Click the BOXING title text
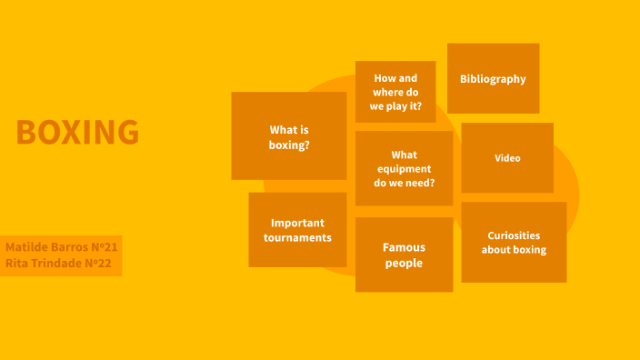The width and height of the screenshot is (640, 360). pyautogui.click(x=77, y=133)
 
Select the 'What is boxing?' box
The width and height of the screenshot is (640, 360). pyautogui.click(x=289, y=135)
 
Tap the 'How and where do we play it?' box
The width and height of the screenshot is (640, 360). pyautogui.click(x=395, y=92)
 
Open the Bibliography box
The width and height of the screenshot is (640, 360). pyautogui.click(x=493, y=78)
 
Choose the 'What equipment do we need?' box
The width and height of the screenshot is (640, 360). pyautogui.click(x=404, y=168)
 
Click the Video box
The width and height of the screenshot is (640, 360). pyautogui.click(x=507, y=158)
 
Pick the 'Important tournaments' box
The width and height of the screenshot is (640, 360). pyautogui.click(x=297, y=230)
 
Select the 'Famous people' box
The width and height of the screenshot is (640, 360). pyautogui.click(x=404, y=255)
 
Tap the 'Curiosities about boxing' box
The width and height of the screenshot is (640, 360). pyautogui.click(x=514, y=242)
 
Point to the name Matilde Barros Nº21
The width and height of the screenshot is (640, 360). pyautogui.click(x=62, y=247)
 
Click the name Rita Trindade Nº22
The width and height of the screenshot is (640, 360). pyautogui.click(x=62, y=264)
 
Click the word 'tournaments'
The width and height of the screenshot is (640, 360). pyautogui.click(x=297, y=238)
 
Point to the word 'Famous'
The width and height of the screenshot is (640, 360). pyautogui.click(x=404, y=247)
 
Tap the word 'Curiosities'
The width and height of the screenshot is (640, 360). pyautogui.click(x=514, y=235)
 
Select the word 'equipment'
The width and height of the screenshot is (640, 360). pyautogui.click(x=404, y=168)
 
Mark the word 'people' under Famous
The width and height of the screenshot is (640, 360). pyautogui.click(x=404, y=264)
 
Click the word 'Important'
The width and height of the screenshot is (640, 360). pyautogui.click(x=297, y=223)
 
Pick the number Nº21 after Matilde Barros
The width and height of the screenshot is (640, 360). pyautogui.click(x=102, y=247)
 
